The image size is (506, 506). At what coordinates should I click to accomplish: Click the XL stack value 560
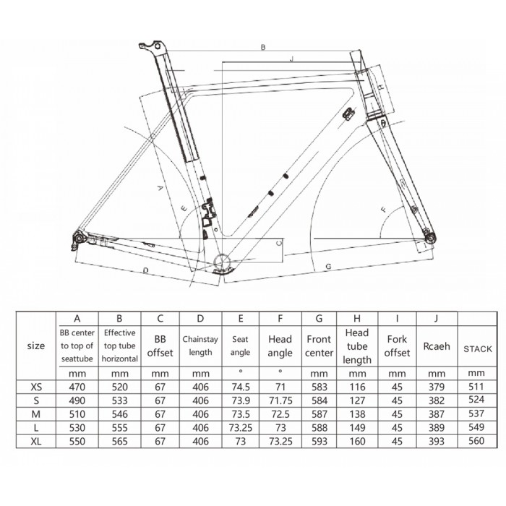476,440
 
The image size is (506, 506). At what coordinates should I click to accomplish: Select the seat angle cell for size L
241,428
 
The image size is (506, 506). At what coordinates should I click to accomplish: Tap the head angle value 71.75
280,400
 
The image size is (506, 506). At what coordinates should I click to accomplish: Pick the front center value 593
320,441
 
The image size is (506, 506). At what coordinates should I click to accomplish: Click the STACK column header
478,349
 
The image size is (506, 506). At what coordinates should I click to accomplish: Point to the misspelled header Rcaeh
437,346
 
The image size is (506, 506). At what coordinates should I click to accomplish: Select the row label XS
36,387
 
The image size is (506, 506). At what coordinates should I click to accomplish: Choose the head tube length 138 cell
357,414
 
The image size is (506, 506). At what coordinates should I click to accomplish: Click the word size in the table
36,346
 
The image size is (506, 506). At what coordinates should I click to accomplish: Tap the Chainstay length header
200,346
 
